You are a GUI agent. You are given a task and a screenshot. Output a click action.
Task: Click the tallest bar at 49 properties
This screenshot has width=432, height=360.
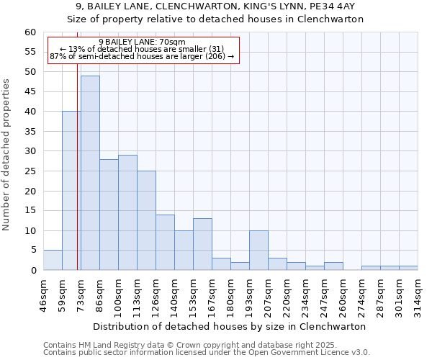click(x=90, y=173)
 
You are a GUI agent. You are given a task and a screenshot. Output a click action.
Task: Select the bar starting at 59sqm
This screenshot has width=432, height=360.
click(x=71, y=191)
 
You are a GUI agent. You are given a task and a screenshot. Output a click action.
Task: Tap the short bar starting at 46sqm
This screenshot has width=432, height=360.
click(x=53, y=261)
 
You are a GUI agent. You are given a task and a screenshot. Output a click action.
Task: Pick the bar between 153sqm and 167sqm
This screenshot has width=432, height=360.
click(x=202, y=245)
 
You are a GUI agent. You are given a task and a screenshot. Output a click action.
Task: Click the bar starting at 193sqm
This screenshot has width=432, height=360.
click(x=258, y=251)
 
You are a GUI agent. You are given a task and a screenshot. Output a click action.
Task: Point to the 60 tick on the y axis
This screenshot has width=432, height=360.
click(x=30, y=32)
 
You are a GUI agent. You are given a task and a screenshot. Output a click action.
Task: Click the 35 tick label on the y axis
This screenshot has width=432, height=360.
click(x=30, y=132)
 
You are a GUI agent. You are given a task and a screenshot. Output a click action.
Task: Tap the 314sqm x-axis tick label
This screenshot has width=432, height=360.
click(x=418, y=294)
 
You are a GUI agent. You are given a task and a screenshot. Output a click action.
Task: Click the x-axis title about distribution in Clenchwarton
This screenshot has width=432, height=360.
click(x=230, y=326)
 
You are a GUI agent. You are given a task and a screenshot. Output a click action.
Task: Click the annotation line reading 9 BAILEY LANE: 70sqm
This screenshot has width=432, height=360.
click(x=142, y=42)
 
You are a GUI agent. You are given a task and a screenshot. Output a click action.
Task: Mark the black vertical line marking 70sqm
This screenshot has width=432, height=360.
click(x=77, y=180)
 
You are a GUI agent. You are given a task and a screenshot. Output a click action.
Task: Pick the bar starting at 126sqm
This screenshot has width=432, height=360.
click(x=165, y=243)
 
